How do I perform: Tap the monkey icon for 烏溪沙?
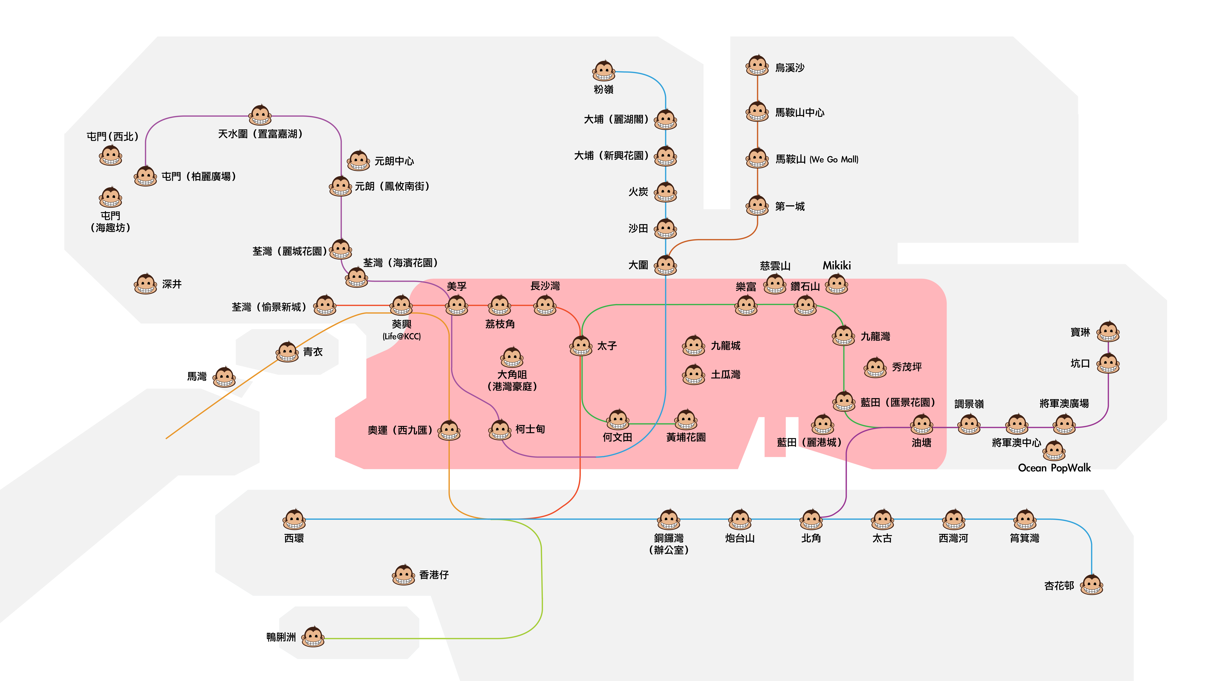[757, 66]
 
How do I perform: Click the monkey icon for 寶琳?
[1108, 332]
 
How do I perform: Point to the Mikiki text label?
[837, 266]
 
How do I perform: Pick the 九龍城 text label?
[725, 346]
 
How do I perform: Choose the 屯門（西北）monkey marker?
[111, 155]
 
